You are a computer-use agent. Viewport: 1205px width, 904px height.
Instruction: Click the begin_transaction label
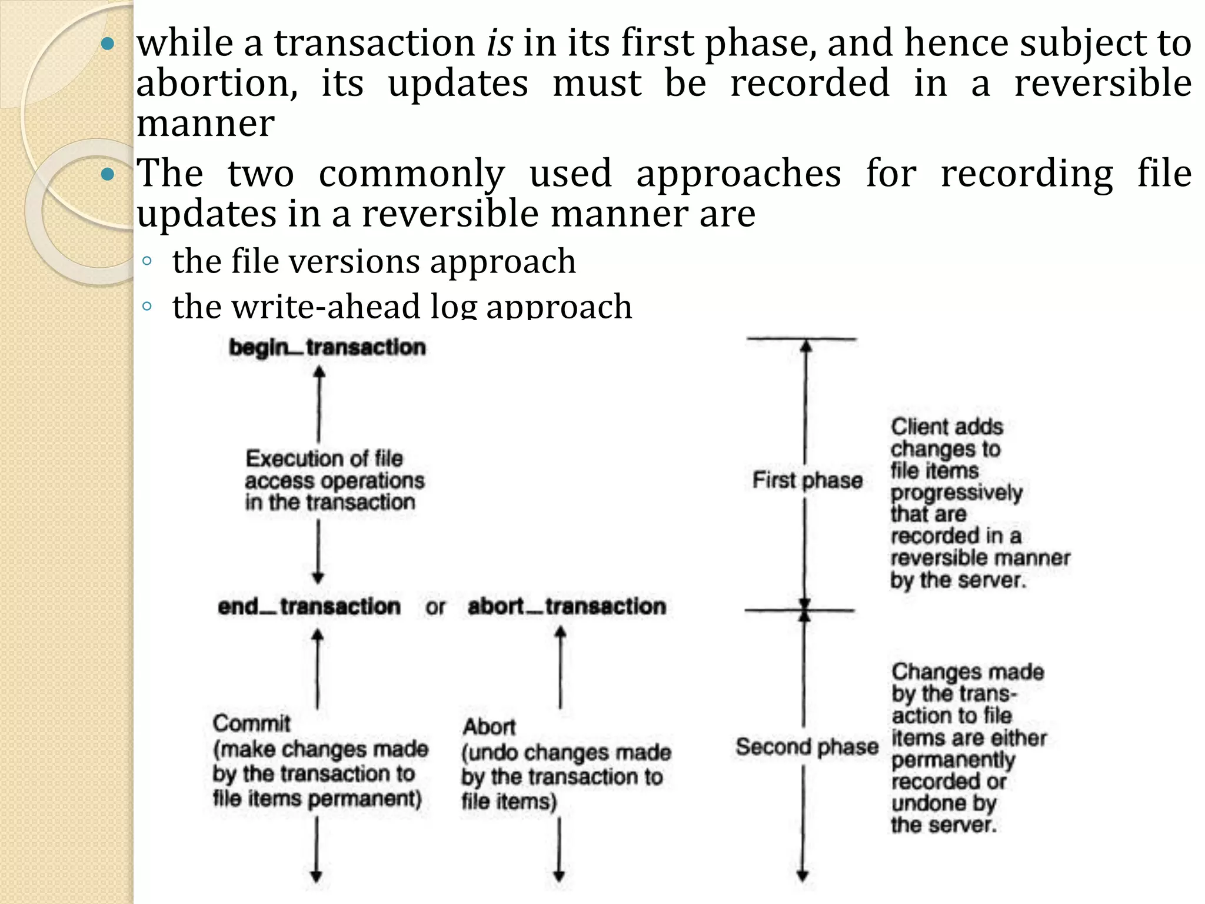pos(327,347)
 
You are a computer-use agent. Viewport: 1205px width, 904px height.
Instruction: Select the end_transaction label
pos(309,606)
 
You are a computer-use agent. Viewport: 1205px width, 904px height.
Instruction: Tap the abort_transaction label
pos(567,606)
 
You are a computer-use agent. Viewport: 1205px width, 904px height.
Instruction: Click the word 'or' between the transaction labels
pos(435,607)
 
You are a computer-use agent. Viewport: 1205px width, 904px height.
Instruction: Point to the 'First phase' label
pos(807,480)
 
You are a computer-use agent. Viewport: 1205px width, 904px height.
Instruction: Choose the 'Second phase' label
pos(807,747)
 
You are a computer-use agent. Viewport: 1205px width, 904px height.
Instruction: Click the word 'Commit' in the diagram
pos(252,723)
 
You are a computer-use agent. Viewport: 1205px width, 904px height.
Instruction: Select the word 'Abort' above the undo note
pos(489,727)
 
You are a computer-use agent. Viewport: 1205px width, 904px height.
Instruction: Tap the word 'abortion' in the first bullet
pos(217,84)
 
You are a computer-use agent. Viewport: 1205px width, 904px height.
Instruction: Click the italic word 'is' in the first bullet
pos(500,44)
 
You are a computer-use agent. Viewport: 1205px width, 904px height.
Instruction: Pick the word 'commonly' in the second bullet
pos(412,174)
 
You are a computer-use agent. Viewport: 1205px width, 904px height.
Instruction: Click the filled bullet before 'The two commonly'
pos(107,174)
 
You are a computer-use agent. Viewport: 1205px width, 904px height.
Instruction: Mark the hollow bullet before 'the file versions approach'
pos(147,261)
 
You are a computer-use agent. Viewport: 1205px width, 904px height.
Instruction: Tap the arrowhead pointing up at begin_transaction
pos(319,373)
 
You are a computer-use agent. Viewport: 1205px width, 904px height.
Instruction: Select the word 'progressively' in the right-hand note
pos(957,493)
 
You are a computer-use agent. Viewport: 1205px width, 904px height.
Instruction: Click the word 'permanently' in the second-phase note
pos(953,760)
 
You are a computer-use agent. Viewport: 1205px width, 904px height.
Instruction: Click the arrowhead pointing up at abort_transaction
pos(561,633)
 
